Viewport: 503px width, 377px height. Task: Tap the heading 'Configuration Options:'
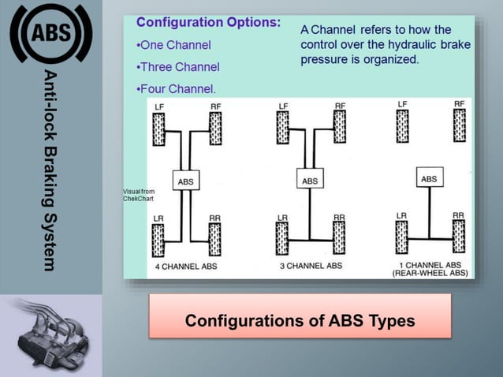[208, 22]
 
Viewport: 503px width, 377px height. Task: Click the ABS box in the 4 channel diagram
[185, 182]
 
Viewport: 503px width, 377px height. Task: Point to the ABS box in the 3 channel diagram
[310, 181]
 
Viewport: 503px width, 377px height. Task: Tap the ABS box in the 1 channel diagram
[429, 179]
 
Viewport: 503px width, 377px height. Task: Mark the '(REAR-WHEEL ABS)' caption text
[430, 274]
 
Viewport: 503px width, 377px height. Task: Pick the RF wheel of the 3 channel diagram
[340, 127]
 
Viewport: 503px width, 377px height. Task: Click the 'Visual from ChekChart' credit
[139, 195]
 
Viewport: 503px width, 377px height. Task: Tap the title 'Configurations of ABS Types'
[300, 321]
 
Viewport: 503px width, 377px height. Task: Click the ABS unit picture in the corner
[50, 335]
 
